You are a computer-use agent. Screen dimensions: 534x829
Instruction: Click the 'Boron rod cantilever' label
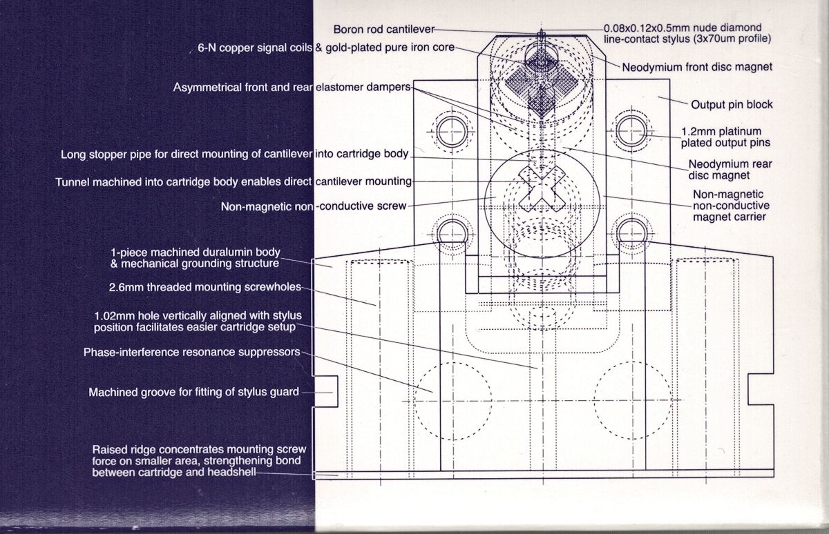tap(384, 29)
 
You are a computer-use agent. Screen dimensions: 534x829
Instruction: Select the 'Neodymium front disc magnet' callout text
tap(697, 68)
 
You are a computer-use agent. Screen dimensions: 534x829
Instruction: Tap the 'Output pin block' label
tap(732, 105)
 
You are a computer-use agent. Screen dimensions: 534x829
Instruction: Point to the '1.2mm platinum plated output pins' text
tap(725, 137)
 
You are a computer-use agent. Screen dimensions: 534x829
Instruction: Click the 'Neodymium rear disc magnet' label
tap(731, 170)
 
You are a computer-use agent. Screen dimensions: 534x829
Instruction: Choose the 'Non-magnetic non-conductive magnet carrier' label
tap(731, 206)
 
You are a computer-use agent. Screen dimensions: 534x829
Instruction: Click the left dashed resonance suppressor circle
tap(452, 399)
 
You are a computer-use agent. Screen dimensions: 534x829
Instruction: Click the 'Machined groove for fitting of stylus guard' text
tap(193, 393)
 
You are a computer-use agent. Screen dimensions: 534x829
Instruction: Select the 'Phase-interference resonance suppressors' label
tap(191, 353)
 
